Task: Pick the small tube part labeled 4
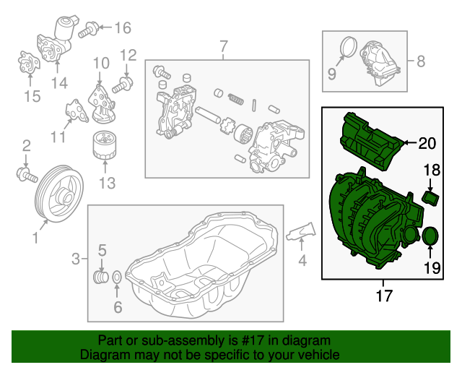296,233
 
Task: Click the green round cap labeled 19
431,236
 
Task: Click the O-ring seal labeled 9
348,48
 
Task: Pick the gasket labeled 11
73,111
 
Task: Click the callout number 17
385,296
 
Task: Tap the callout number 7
223,47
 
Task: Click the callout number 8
420,61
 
